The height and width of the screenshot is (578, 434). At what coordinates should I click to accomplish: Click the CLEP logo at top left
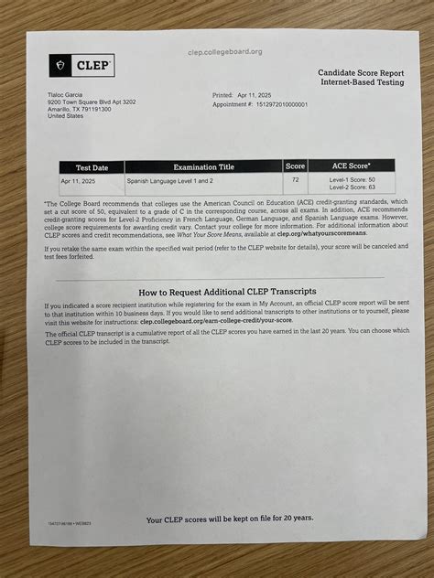pos(81,66)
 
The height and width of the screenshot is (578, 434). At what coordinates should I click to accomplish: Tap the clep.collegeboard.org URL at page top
pos(224,51)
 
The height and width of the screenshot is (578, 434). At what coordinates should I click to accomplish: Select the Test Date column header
pos(91,167)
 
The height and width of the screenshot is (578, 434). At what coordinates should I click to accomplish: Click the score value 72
pos(295,180)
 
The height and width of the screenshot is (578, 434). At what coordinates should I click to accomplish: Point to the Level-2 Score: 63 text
pos(353,187)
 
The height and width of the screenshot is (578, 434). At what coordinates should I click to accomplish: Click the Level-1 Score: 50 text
pos(353,180)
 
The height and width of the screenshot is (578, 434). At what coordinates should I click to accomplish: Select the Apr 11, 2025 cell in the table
pos(79,181)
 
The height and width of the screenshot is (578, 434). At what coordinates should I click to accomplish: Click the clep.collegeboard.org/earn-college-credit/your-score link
pos(215,321)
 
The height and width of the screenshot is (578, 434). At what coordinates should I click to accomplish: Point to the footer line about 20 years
pos(230,519)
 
